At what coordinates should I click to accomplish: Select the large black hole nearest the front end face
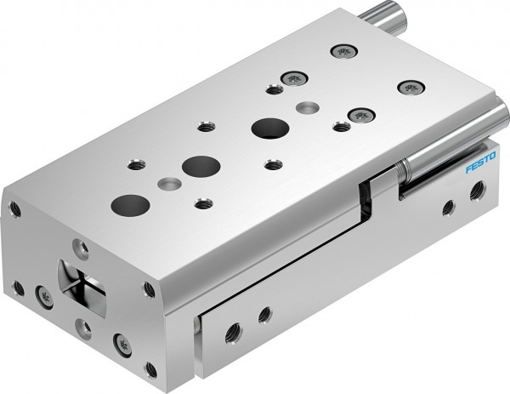point(130,204)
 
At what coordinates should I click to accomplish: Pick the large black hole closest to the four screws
point(269,128)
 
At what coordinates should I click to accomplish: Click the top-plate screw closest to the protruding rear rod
point(343,51)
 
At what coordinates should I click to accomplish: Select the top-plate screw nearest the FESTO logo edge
point(411,87)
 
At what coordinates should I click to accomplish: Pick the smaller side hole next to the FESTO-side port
point(448,205)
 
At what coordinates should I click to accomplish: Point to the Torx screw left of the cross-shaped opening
point(44,295)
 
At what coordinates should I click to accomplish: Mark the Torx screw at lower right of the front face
point(122,345)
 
